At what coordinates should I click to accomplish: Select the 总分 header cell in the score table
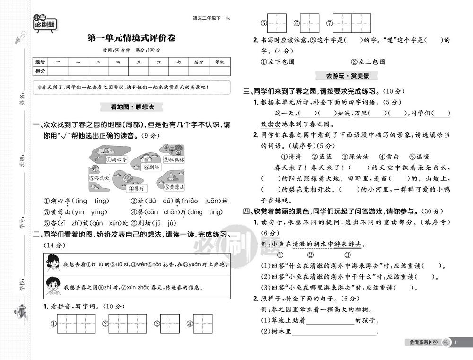(198, 62)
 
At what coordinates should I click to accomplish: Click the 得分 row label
(40, 71)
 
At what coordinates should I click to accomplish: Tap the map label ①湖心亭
(116, 160)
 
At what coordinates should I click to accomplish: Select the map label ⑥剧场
(152, 167)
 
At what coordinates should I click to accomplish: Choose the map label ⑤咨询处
(100, 178)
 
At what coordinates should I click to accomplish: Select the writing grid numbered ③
(170, 324)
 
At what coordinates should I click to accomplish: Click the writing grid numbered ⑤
(277, 22)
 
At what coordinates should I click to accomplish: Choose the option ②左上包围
(368, 61)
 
